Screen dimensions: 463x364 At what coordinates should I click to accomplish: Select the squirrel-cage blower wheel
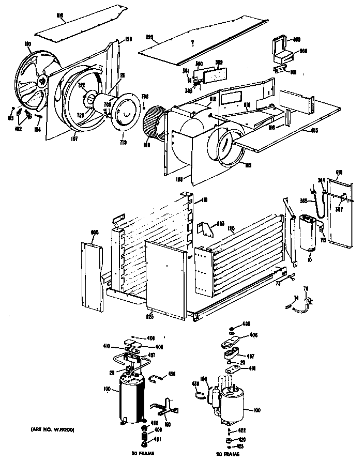click(154, 123)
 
